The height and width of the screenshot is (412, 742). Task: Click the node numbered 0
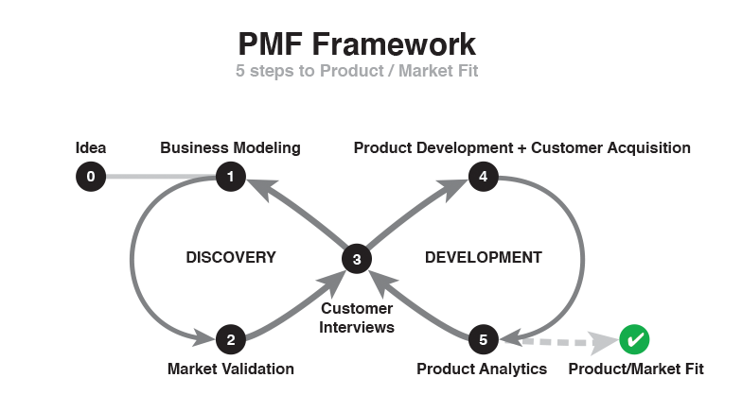90,176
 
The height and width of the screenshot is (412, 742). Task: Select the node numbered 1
230,176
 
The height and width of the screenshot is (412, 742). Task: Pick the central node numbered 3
356,258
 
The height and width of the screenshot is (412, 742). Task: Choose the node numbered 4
483,176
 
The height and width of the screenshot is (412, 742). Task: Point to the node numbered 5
483,339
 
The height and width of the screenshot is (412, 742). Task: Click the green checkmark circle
634,339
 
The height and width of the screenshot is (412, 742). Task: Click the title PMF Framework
356,43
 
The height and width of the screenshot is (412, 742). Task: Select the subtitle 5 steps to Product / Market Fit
356,72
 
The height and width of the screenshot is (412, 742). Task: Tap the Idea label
90,147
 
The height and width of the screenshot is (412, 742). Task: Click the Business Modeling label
230,147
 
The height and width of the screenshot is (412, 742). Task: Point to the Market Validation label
230,369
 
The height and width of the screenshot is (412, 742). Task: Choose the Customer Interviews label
356,318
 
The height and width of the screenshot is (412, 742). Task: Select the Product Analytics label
482,369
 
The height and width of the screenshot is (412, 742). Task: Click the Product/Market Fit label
636,369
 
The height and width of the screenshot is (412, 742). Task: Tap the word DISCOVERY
230,257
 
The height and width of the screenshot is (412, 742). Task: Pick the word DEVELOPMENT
483,257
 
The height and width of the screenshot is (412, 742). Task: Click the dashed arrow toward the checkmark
558,339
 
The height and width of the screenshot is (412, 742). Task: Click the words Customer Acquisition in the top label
610,147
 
